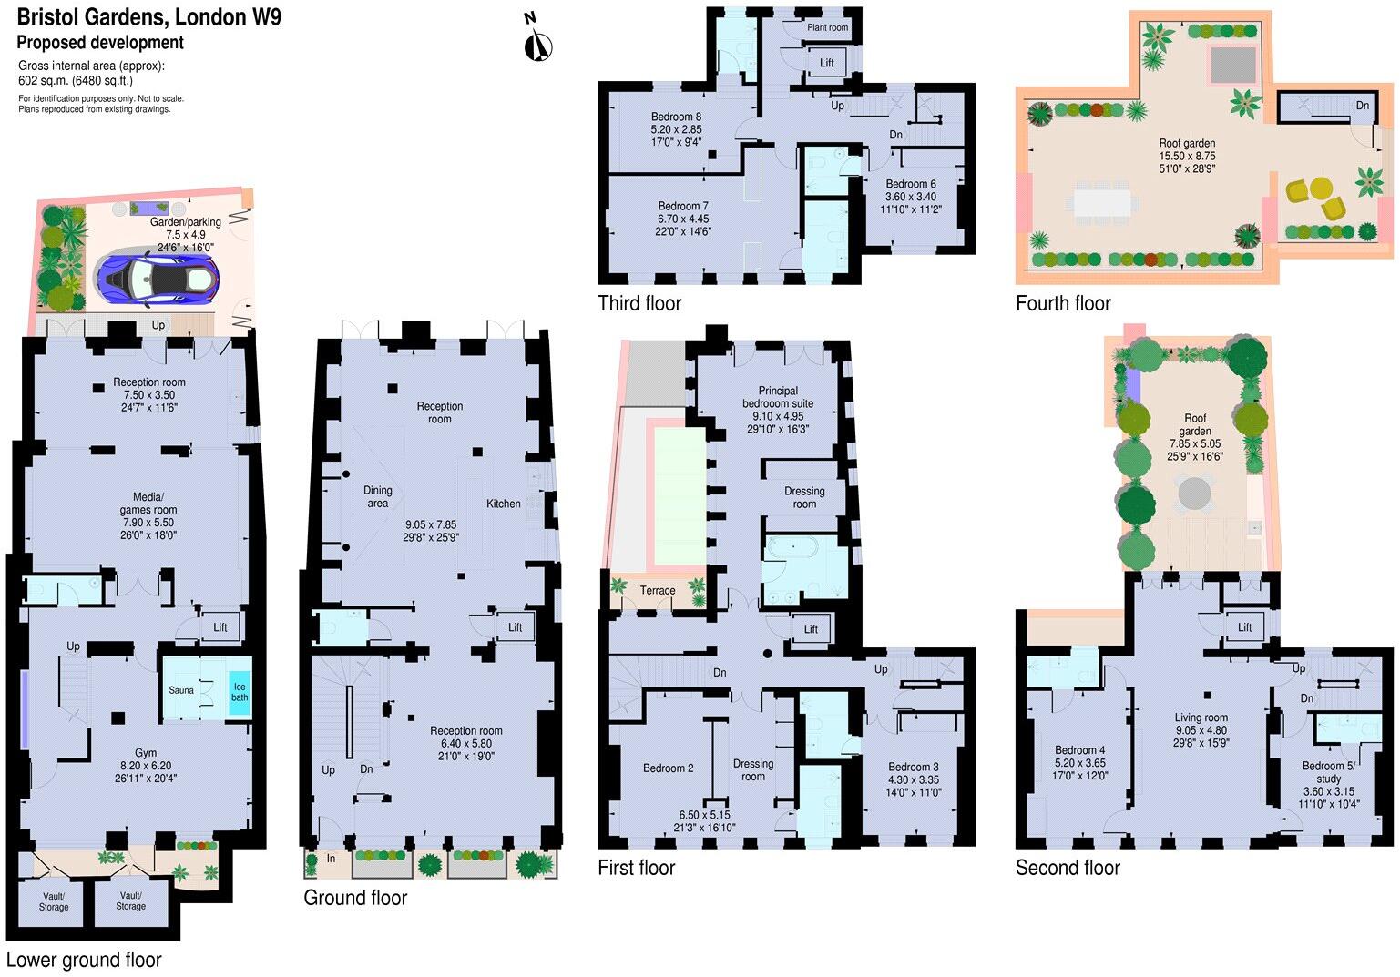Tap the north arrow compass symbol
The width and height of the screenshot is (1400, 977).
(538, 40)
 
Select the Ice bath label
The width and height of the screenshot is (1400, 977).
(239, 692)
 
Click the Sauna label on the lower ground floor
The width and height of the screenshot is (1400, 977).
(181, 690)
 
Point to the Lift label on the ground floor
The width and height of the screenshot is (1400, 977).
(515, 627)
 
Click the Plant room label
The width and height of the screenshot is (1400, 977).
(827, 27)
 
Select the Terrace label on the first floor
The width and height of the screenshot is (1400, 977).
(657, 590)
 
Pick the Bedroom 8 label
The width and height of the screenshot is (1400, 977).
(676, 117)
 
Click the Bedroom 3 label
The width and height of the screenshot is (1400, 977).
(913, 767)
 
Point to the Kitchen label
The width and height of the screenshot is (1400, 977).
(503, 504)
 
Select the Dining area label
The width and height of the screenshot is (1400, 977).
(377, 496)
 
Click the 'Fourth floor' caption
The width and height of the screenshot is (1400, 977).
(1063, 303)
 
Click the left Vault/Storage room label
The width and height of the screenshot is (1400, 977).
(54, 901)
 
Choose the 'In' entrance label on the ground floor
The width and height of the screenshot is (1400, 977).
(332, 859)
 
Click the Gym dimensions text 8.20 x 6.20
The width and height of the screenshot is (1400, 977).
(146, 766)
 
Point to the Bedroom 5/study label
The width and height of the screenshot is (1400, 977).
(1328, 772)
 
